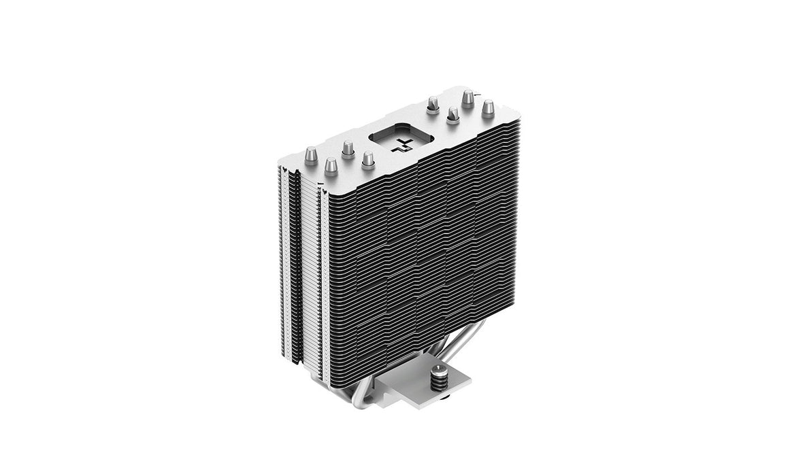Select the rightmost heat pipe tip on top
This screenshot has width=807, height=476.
click(488, 109)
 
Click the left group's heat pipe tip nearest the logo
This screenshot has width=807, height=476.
click(368, 160)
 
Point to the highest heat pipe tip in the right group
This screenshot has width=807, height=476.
click(467, 99)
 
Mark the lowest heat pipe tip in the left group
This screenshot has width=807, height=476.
click(331, 166)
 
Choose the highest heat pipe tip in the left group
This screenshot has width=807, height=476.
click(348, 149)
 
